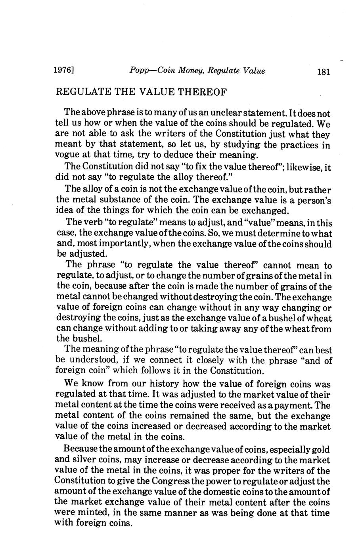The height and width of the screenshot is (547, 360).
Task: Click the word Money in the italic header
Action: (x=190, y=71)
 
